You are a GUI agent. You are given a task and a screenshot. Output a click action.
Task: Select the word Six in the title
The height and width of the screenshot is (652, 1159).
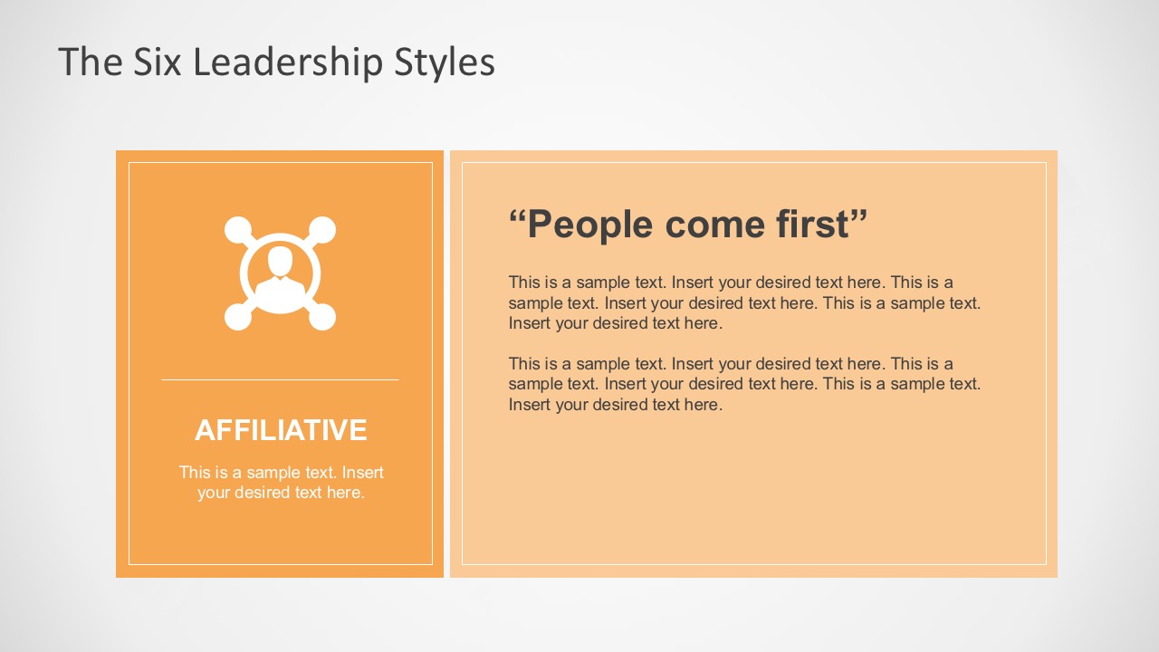click(156, 62)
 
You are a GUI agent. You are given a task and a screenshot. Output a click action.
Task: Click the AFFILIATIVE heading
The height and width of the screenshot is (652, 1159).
click(281, 430)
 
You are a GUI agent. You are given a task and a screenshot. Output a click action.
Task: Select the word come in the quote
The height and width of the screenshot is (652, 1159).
click(722, 225)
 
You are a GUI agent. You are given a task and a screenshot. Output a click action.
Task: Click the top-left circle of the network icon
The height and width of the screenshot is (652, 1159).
click(237, 229)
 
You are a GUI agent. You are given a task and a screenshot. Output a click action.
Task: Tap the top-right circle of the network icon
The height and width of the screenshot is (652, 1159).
click(323, 229)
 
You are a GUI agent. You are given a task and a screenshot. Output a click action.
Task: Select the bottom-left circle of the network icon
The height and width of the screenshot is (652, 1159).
click(237, 317)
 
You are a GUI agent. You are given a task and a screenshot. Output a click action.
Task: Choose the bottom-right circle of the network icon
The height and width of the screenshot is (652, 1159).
click(323, 317)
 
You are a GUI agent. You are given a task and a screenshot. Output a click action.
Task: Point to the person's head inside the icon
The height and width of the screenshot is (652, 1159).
click(281, 261)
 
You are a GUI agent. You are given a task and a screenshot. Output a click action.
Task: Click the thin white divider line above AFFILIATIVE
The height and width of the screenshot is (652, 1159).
click(280, 379)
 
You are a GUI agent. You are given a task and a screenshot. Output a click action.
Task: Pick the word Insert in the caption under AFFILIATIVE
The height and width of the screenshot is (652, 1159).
click(363, 472)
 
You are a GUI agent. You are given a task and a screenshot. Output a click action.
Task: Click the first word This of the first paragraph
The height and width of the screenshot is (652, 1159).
click(523, 283)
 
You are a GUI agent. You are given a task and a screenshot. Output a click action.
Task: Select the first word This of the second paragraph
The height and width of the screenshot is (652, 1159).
click(523, 364)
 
